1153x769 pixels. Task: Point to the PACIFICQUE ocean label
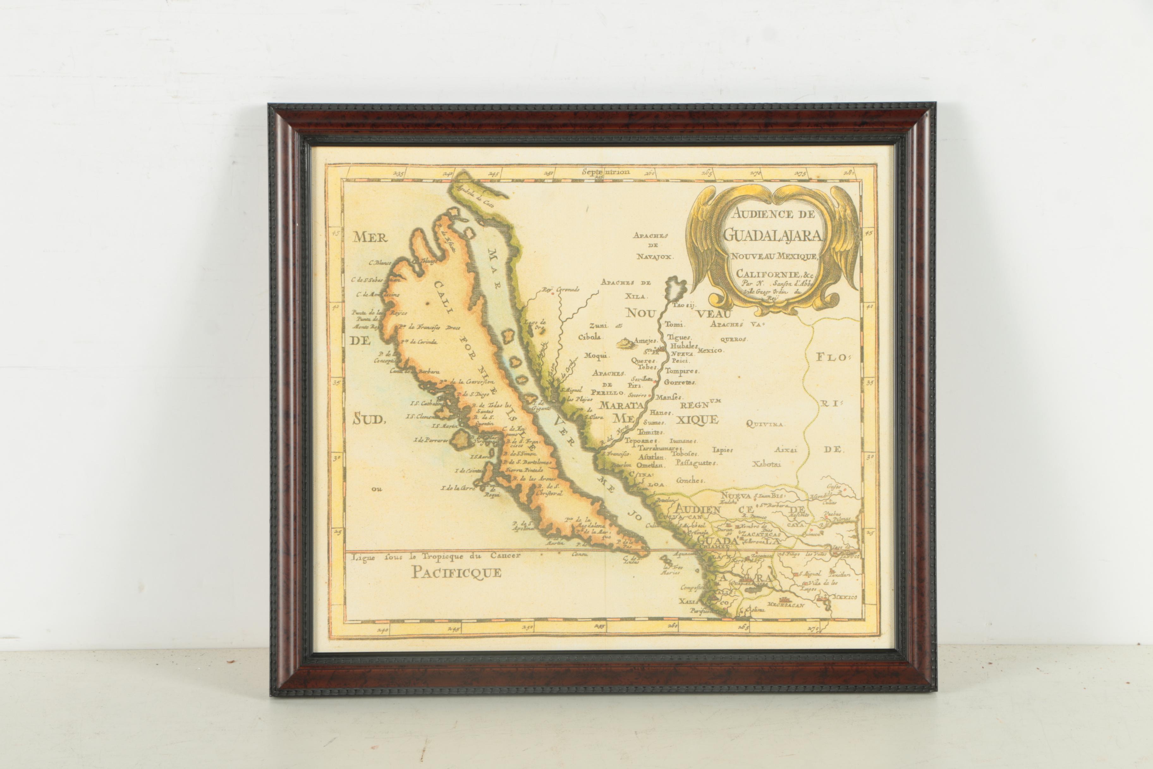[456, 572]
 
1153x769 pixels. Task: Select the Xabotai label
[767, 464]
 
